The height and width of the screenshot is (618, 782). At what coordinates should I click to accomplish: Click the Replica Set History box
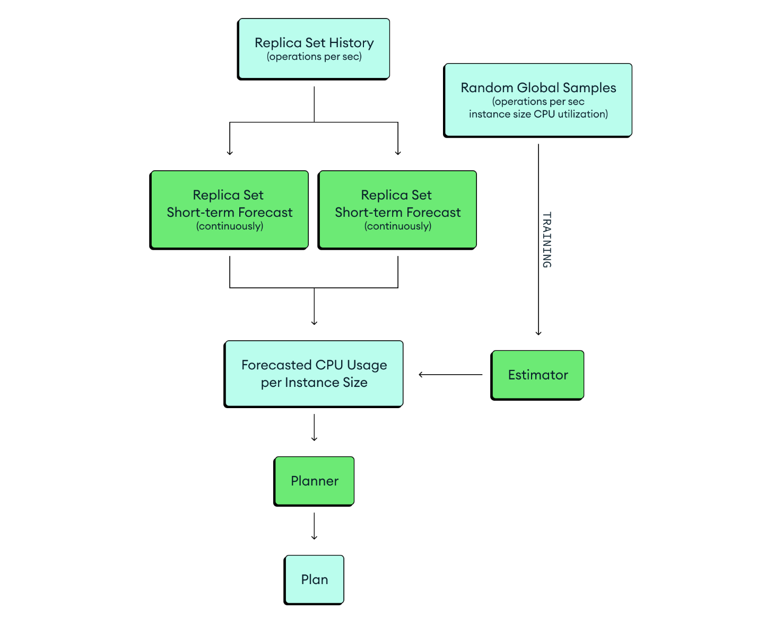pyautogui.click(x=314, y=49)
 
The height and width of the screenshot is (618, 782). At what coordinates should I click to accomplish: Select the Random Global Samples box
pyautogui.click(x=537, y=100)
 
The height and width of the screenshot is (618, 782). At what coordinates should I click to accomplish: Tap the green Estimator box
pyautogui.click(x=537, y=375)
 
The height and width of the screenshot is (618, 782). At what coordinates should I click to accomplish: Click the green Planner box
pyautogui.click(x=314, y=481)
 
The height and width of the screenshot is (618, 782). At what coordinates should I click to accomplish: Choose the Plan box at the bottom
pyautogui.click(x=314, y=579)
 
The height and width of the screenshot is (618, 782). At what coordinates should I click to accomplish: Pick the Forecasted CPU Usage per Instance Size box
pyautogui.click(x=314, y=374)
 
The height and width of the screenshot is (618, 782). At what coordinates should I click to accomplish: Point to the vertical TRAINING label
pyautogui.click(x=547, y=240)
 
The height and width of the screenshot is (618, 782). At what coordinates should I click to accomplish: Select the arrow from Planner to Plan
pyautogui.click(x=314, y=526)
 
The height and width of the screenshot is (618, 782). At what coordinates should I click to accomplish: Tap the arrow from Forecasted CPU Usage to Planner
pyautogui.click(x=314, y=427)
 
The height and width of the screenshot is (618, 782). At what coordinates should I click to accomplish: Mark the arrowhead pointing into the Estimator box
pyautogui.click(x=538, y=332)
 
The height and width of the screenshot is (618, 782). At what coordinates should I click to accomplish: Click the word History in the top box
pyautogui.click(x=351, y=43)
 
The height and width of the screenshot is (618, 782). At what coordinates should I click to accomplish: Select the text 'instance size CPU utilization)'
pyautogui.click(x=538, y=114)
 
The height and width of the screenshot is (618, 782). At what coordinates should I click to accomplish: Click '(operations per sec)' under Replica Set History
pyautogui.click(x=314, y=57)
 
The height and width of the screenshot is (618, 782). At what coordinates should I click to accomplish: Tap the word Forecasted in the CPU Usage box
pyautogui.click(x=276, y=365)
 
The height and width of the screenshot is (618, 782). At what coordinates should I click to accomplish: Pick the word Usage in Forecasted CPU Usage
pyautogui.click(x=367, y=365)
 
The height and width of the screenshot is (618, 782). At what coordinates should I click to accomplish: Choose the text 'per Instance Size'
pyautogui.click(x=314, y=383)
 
